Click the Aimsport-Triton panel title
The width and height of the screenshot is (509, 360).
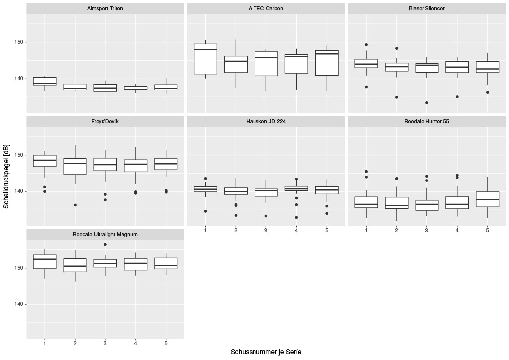pos(105,9)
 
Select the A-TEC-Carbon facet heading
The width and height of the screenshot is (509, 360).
pos(266,9)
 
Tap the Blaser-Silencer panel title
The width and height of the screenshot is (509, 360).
pos(426,9)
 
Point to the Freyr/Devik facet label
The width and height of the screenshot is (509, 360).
pos(105,121)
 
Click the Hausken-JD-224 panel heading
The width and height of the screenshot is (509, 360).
pos(266,121)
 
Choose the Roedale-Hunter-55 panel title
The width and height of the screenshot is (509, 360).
pos(426,121)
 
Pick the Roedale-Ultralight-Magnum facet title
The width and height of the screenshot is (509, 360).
pos(105,234)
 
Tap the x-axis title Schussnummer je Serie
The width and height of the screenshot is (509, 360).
pos(266,352)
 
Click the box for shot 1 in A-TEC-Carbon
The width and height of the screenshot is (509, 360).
pos(205,59)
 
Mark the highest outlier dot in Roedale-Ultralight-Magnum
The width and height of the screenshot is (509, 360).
pos(105,244)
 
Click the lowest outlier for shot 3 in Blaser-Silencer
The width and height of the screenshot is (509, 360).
pos(426,103)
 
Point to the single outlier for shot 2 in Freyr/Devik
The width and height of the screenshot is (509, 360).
pos(75,205)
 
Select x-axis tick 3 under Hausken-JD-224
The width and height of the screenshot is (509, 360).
pos(266,230)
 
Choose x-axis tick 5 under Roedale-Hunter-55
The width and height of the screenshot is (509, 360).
pos(487,230)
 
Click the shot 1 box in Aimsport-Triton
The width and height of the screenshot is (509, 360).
pos(45,81)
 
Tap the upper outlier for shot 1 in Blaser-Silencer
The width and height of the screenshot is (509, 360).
pos(366,45)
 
